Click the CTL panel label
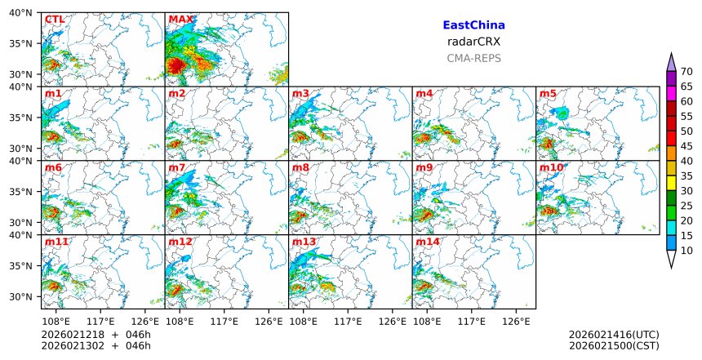tap(55, 20)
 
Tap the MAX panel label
tap(180, 20)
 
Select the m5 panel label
tap(548, 94)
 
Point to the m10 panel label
tap(551, 168)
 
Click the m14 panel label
tap(427, 242)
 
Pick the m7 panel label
tap(177, 168)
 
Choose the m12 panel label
tap(180, 242)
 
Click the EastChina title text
tap(473, 25)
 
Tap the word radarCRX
tap(473, 42)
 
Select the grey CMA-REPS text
tap(473, 58)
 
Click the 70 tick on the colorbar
tap(686, 72)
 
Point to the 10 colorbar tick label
tap(686, 251)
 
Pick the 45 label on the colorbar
tap(686, 146)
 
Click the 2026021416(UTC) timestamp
tap(613, 335)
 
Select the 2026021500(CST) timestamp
tap(613, 346)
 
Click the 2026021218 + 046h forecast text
tap(96, 335)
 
